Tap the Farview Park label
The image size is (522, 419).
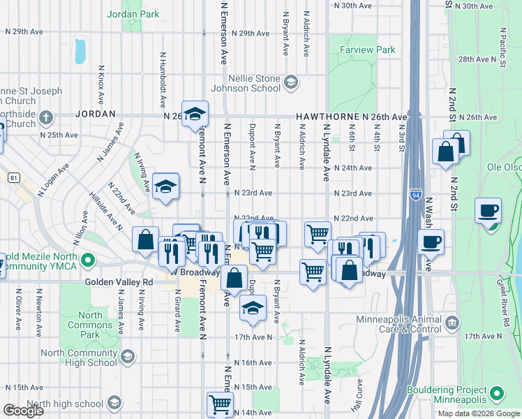click(x=367, y=50)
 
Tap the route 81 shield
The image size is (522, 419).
click(x=14, y=178)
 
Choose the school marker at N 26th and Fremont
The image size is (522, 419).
click(x=195, y=113)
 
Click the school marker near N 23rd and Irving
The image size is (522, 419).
click(x=165, y=186)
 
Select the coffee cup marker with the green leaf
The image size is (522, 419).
click(x=488, y=210)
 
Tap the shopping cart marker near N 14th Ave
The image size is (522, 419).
click(x=220, y=404)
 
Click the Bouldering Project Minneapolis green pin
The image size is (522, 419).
click(x=498, y=395)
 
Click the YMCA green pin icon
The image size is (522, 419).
click(x=87, y=261)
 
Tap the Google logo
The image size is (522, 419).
click(x=23, y=411)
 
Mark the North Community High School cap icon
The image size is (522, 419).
click(x=127, y=358)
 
